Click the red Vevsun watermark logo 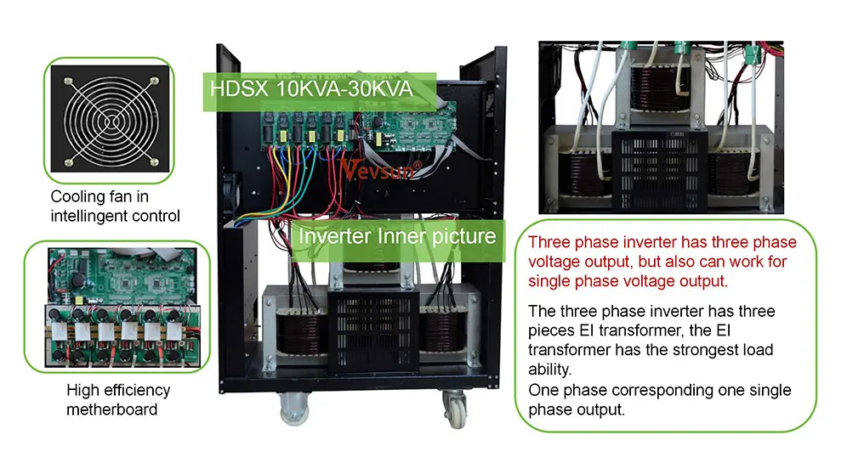(x=381, y=169)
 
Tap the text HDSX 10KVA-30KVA (x=311, y=89)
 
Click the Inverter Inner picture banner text (x=397, y=236)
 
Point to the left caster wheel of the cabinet (x=294, y=409)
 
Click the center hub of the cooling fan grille (x=111, y=120)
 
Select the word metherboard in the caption (x=111, y=409)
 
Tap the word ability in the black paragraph (x=548, y=370)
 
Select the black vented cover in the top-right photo (x=659, y=170)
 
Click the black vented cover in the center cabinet (x=374, y=330)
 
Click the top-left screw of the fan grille (x=69, y=82)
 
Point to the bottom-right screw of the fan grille (x=154, y=161)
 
